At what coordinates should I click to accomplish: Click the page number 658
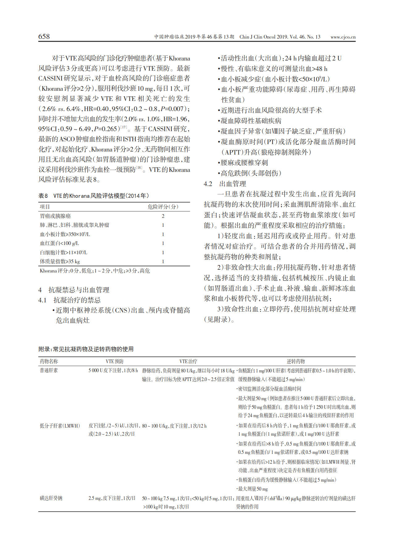[x=44, y=37]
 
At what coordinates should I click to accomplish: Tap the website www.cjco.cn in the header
[x=343, y=37]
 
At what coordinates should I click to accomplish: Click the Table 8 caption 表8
[x=43, y=196]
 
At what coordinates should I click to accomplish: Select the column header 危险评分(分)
[x=163, y=207]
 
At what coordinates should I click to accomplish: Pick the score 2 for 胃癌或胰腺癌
[x=163, y=216]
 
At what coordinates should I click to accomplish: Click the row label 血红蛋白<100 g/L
[x=59, y=243]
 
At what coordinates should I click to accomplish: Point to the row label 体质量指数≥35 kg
[x=60, y=261]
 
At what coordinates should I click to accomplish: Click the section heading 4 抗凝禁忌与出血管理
[x=74, y=290]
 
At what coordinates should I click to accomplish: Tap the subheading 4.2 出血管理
[x=225, y=184]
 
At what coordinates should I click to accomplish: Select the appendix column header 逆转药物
[x=295, y=361]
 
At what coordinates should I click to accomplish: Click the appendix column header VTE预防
[x=115, y=361]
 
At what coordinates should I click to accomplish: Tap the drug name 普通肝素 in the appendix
[x=49, y=370]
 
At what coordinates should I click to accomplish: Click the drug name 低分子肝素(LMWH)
[x=60, y=426]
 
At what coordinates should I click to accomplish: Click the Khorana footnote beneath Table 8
[x=95, y=271]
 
